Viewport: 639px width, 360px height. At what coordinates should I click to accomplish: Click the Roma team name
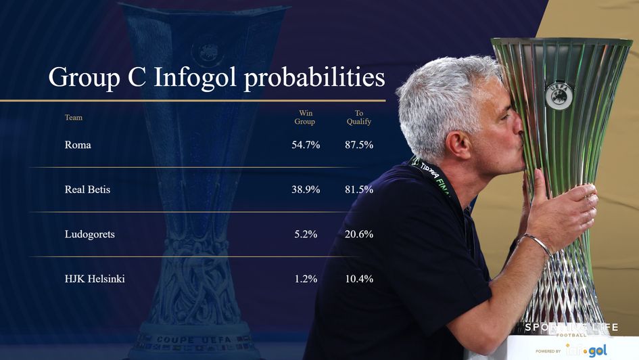78,145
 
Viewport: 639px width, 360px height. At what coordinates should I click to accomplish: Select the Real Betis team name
87,189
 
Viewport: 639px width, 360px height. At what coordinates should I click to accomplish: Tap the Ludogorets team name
89,234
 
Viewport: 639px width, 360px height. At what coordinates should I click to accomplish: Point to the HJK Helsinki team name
95,279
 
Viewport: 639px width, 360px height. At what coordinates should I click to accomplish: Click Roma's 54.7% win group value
306,145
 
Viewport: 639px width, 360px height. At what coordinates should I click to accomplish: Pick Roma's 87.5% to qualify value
359,145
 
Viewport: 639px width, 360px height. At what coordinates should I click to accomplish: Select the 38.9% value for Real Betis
306,189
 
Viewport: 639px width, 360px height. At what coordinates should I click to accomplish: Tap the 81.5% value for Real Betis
359,189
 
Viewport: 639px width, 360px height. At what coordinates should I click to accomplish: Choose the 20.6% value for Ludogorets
359,234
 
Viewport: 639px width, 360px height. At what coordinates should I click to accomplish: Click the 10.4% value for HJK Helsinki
359,279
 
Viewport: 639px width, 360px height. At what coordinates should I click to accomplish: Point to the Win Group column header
305,117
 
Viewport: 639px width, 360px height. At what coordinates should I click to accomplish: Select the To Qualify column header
359,117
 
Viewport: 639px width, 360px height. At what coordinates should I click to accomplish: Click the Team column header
74,118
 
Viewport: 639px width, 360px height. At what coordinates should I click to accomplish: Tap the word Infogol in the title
195,78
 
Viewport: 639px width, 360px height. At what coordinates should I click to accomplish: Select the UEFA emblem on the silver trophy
559,95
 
